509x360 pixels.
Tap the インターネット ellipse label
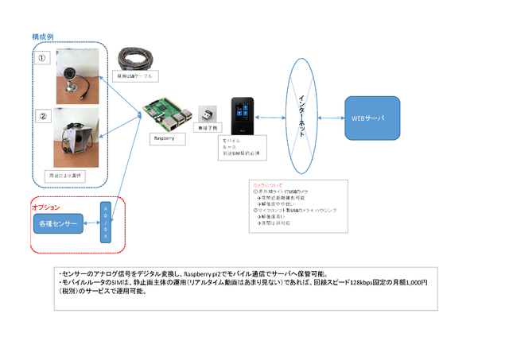(300, 118)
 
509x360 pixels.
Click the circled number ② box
(45, 117)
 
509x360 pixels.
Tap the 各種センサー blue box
(58, 226)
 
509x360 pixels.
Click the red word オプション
(46, 207)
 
